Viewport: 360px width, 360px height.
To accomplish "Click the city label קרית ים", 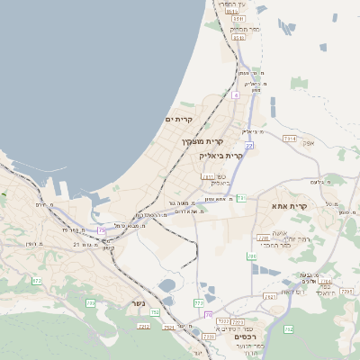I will [179, 119].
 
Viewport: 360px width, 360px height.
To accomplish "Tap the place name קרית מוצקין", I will [202, 141].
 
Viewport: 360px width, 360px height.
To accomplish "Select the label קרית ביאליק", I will [221, 155].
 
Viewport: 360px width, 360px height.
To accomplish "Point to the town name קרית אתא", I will [289, 206].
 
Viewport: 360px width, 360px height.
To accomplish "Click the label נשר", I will [138, 303].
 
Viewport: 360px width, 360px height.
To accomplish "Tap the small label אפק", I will [309, 142].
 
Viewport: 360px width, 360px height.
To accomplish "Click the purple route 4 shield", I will [236, 94].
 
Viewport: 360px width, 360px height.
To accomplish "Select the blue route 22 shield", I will [248, 144].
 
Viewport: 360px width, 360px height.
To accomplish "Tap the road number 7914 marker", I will [289, 139].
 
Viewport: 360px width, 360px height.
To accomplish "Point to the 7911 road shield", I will [208, 176].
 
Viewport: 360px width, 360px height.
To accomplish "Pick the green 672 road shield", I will [37, 282].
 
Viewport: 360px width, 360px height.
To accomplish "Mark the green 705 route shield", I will [91, 302].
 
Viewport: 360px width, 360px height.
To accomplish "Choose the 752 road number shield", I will [155, 312].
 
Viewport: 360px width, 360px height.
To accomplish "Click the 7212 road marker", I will [143, 326].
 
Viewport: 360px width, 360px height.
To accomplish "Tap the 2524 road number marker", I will [169, 328].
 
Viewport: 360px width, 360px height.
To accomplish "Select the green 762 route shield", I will [289, 329].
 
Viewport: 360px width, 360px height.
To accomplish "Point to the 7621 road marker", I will [269, 296].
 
